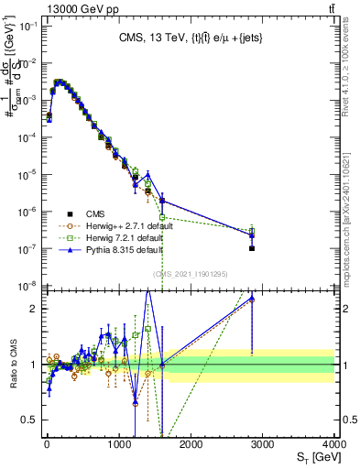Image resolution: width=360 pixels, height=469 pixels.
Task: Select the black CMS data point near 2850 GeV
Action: coord(251,248)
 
